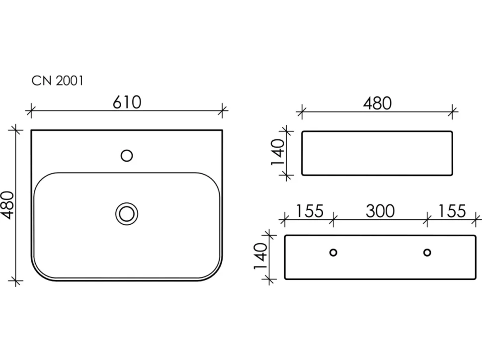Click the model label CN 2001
pyautogui.click(x=58, y=81)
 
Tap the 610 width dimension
pyautogui.click(x=127, y=102)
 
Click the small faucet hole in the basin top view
pyautogui.click(x=127, y=156)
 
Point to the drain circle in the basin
pyautogui.click(x=127, y=214)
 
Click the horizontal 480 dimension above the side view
pyautogui.click(x=377, y=103)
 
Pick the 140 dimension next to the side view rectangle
pyautogui.click(x=278, y=152)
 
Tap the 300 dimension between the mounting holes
pyautogui.click(x=380, y=211)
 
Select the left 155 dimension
pyautogui.click(x=310, y=211)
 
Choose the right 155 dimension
pyautogui.click(x=452, y=211)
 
